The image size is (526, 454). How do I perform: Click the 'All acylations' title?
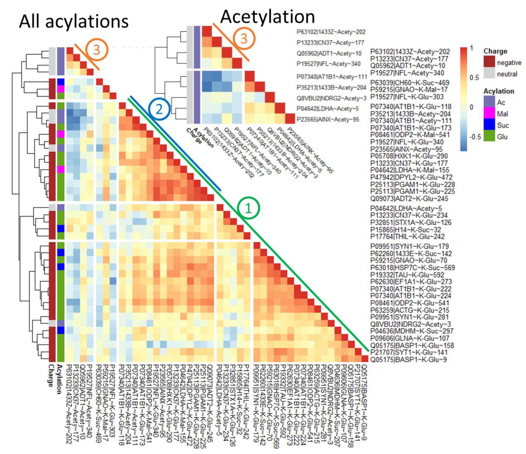(74, 22)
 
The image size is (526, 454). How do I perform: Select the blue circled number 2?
(159, 109)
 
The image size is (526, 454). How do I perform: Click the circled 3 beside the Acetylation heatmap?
(244, 39)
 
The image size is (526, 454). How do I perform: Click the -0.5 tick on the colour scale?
(475, 137)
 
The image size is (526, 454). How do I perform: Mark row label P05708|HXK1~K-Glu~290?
(409, 156)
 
